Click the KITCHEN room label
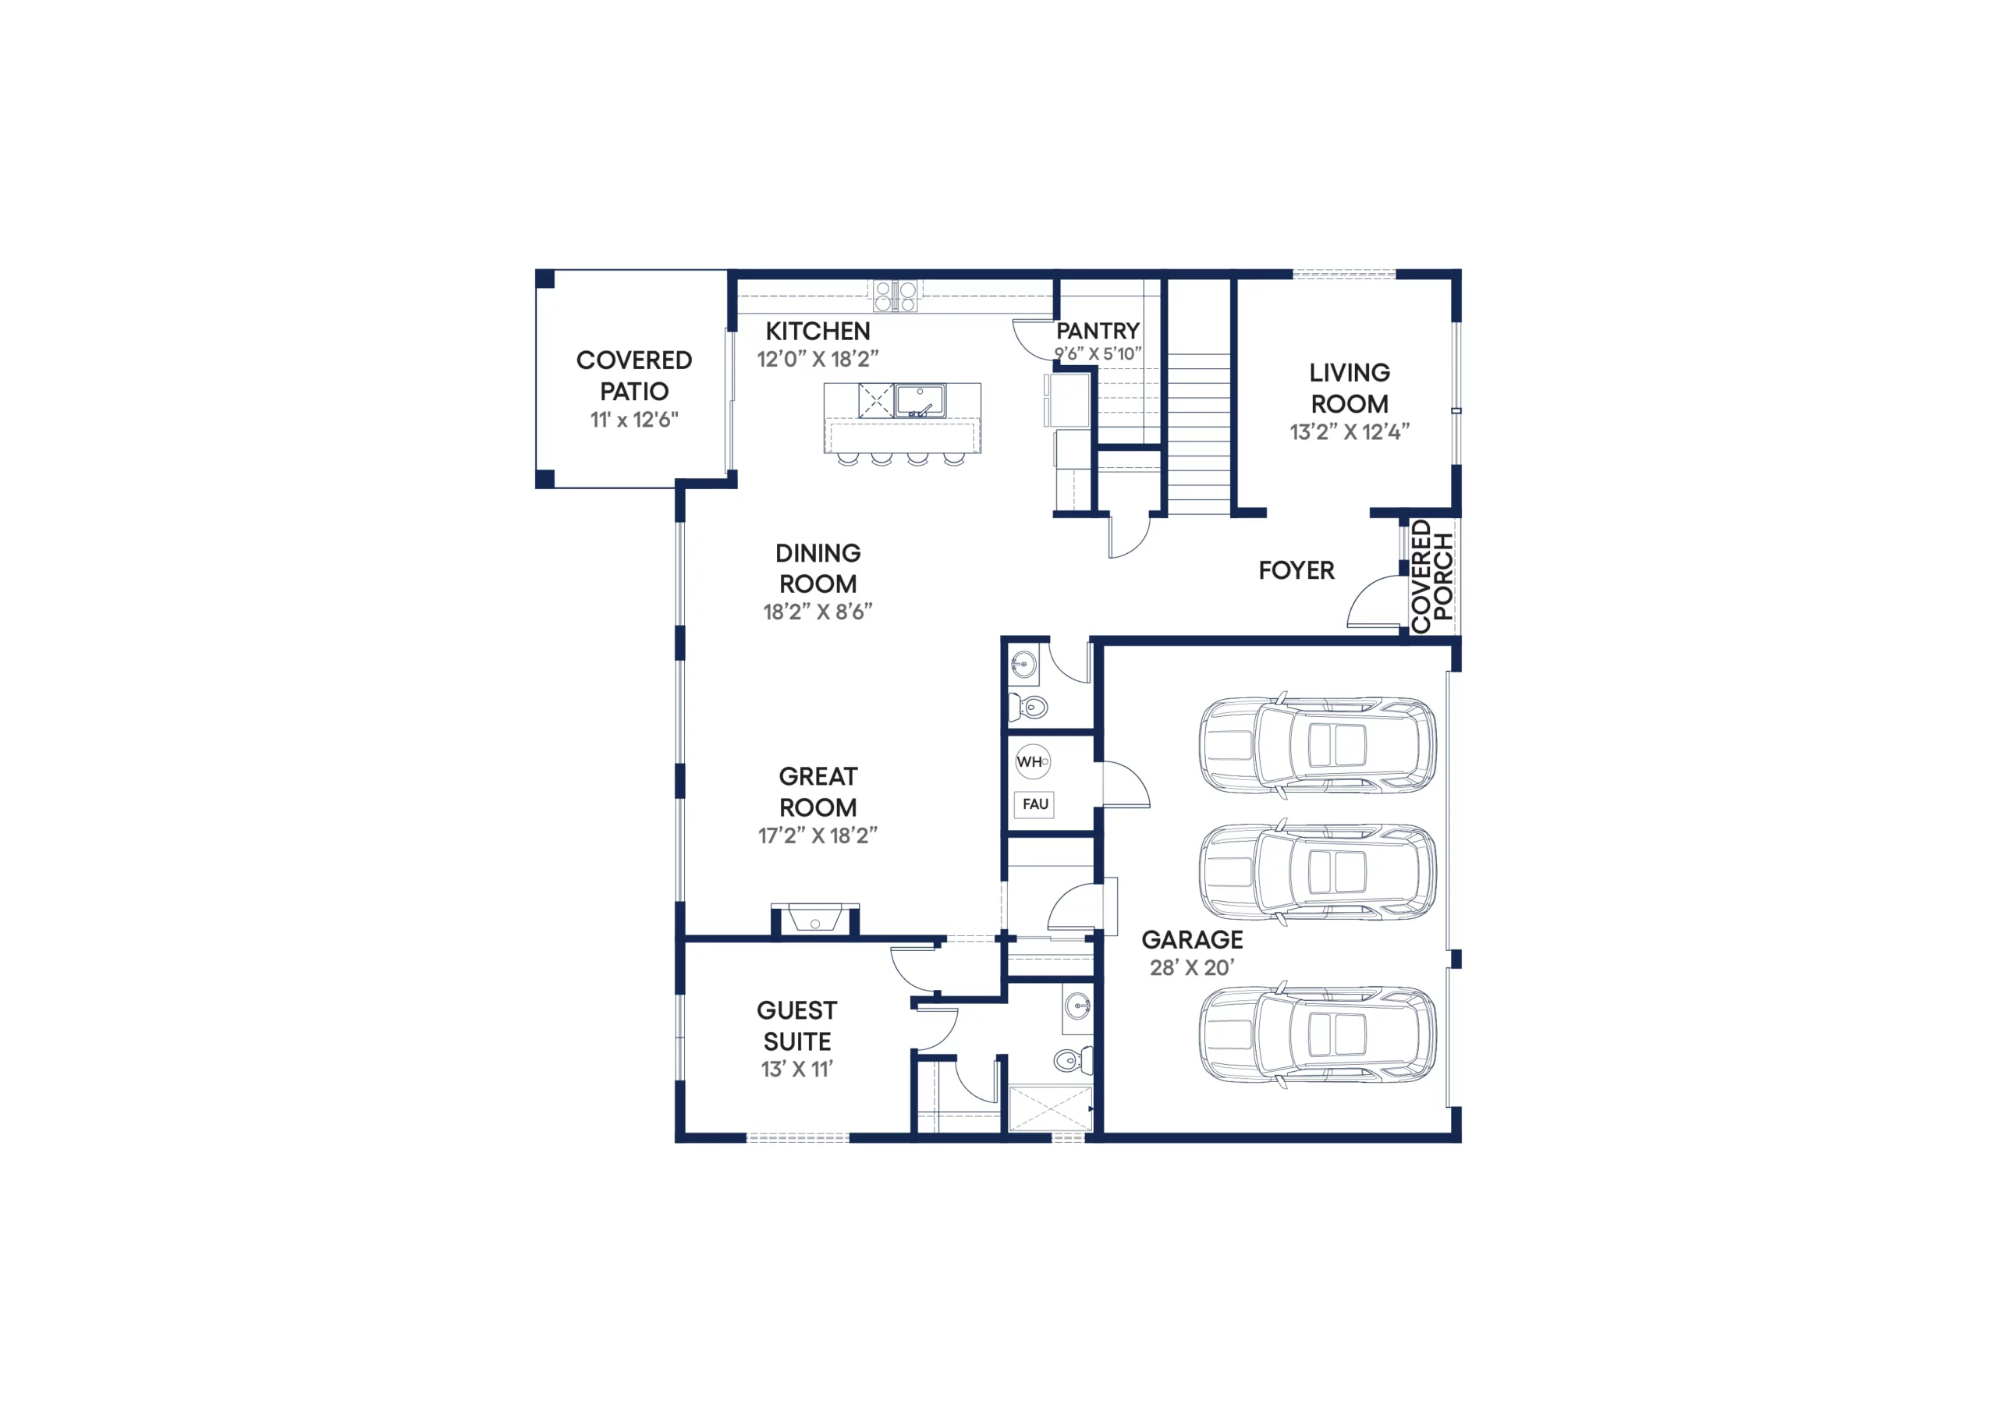tap(818, 332)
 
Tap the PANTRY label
tap(1098, 332)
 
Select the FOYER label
tap(1296, 571)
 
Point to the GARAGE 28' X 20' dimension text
tap(1192, 967)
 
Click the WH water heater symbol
tap(1032, 762)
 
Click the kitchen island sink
tap(920, 401)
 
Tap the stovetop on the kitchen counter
tap(895, 296)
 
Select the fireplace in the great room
tap(815, 919)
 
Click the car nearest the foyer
tap(1318, 745)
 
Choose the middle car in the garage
tap(1318, 871)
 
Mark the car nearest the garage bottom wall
tap(1318, 1034)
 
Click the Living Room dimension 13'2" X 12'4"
tap(1349, 432)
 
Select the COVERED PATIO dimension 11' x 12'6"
tap(634, 420)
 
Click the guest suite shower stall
tap(1050, 1109)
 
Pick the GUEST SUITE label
tap(796, 1027)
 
